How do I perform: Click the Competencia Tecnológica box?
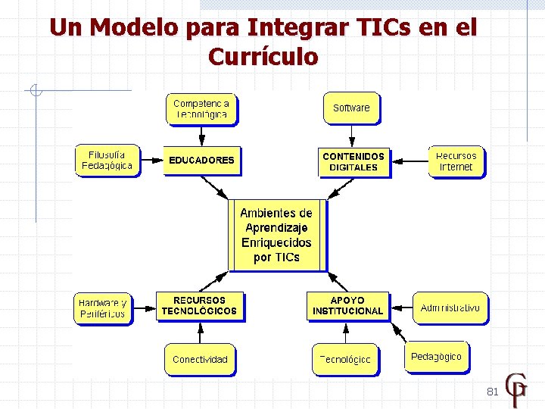(x=201, y=108)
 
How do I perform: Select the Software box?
(x=351, y=108)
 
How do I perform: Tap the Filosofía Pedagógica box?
(x=107, y=160)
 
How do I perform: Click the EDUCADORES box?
(x=201, y=161)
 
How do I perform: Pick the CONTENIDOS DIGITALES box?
(x=353, y=161)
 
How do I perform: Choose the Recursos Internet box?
(x=456, y=161)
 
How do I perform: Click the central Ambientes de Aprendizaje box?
(x=276, y=235)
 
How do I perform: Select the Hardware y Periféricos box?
(x=102, y=308)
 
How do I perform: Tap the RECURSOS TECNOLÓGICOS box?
(x=199, y=305)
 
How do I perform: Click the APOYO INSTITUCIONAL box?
(x=347, y=306)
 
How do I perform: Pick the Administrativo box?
(x=450, y=308)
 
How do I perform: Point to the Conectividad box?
(x=200, y=359)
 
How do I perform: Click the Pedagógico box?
(x=436, y=357)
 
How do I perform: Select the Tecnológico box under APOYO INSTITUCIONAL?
(x=345, y=359)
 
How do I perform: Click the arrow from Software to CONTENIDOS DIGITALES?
(x=352, y=135)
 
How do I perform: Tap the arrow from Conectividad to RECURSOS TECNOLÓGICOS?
(x=200, y=333)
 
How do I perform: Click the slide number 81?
(x=492, y=392)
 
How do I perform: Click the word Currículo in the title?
(x=263, y=57)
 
